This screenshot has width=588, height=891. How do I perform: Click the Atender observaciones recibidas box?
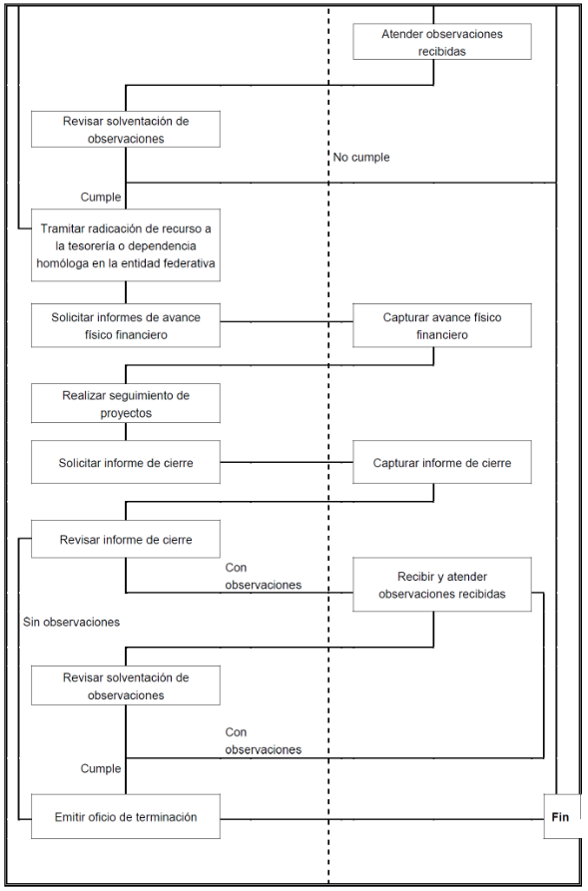(x=442, y=42)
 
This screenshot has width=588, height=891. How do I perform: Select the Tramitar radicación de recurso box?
(x=126, y=244)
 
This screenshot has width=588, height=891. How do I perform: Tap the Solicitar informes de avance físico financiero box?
(x=126, y=325)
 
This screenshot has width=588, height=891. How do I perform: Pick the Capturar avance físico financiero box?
(x=442, y=325)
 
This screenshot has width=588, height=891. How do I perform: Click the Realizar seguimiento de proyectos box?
(x=126, y=403)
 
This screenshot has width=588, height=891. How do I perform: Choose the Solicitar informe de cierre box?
(x=126, y=462)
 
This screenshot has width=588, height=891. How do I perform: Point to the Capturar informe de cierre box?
(x=442, y=462)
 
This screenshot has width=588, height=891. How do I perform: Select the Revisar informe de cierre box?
(x=126, y=539)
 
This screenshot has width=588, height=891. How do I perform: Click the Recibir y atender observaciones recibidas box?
(x=442, y=584)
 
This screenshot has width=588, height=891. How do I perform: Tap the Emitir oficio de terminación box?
(x=126, y=816)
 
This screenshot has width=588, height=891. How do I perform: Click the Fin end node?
(x=562, y=816)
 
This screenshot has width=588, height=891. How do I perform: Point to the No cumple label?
(x=361, y=158)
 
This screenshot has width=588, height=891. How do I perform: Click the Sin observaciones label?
(x=72, y=623)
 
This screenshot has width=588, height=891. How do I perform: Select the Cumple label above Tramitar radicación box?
(x=101, y=198)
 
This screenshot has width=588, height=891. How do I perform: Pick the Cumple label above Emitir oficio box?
(x=101, y=768)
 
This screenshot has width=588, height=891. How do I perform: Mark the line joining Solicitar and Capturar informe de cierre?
(x=287, y=462)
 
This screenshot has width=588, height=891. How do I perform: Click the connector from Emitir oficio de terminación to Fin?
(x=382, y=819)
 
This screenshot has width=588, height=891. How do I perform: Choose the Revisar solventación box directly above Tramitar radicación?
(x=126, y=130)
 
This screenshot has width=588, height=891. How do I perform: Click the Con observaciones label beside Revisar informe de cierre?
(x=264, y=576)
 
